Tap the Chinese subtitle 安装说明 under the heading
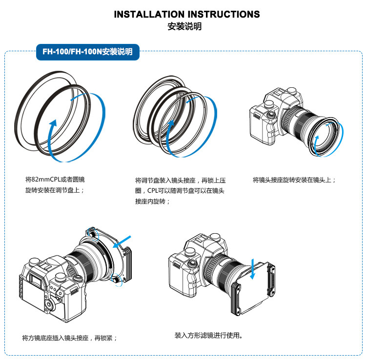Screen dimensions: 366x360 click(183, 27)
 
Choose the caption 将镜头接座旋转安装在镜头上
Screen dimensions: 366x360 click(294, 180)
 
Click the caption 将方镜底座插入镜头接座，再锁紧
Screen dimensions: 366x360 click(69, 338)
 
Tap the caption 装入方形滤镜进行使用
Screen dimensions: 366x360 click(208, 336)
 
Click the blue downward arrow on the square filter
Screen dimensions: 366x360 click(252, 271)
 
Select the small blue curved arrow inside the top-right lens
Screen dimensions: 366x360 click(318, 141)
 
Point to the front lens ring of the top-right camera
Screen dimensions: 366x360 click(323, 139)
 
